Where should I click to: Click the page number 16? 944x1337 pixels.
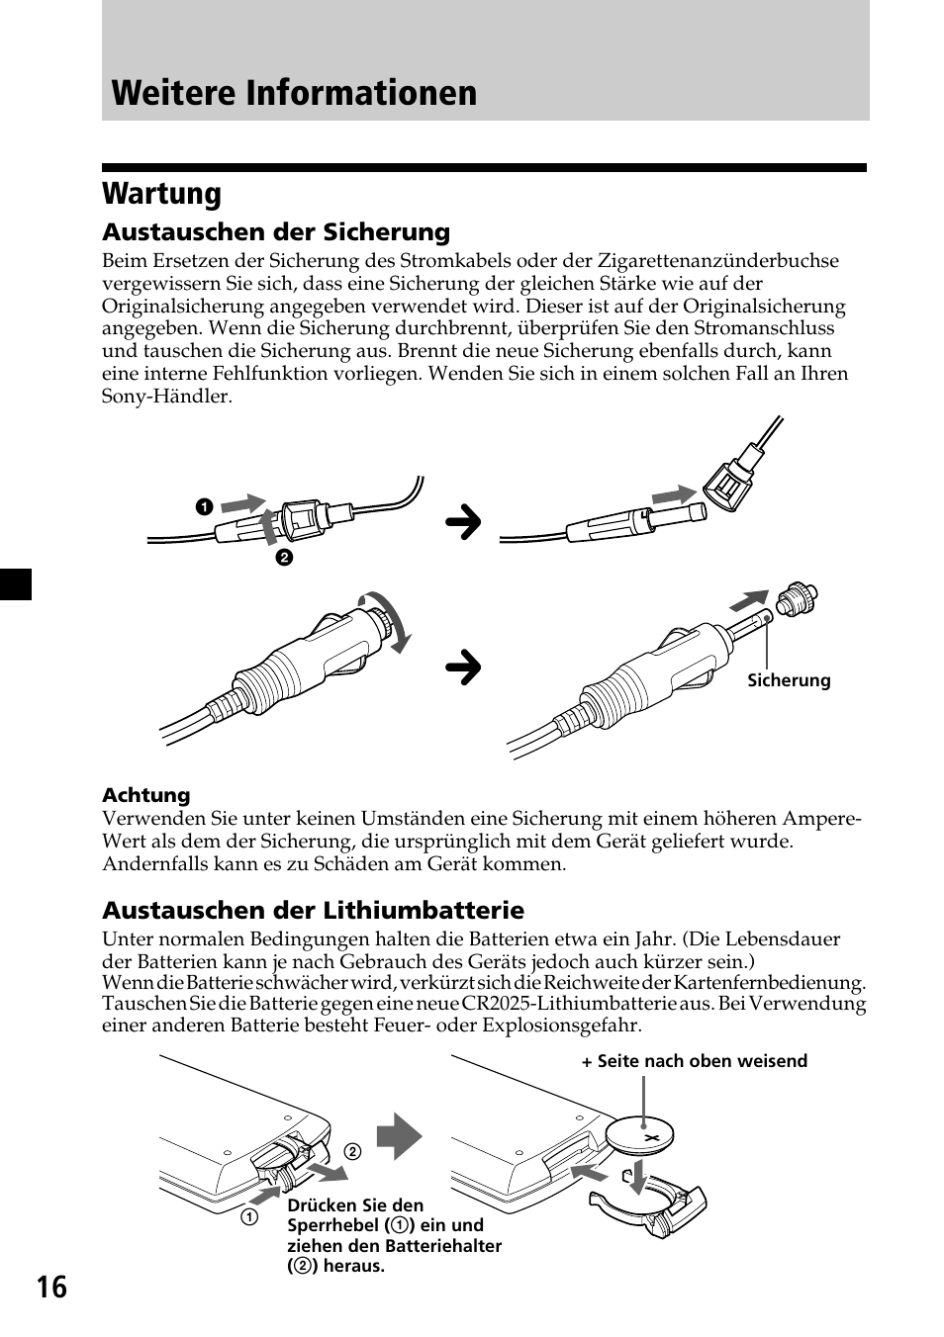pyautogui.click(x=52, y=1287)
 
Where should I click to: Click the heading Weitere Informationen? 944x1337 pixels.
pyautogui.click(x=294, y=92)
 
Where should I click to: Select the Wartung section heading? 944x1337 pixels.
pyautogui.click(x=161, y=193)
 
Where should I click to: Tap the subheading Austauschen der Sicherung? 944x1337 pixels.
pyautogui.click(x=276, y=232)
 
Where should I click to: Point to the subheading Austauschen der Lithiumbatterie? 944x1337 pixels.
pyautogui.click(x=313, y=910)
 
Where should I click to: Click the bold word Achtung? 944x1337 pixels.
pyautogui.click(x=145, y=795)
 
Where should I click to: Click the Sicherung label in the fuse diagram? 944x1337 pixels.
pyautogui.click(x=788, y=680)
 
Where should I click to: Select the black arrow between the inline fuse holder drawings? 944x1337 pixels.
pyautogui.click(x=462, y=523)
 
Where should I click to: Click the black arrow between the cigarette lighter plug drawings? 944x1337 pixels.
pyautogui.click(x=462, y=668)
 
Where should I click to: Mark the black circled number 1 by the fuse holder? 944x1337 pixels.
pyautogui.click(x=203, y=507)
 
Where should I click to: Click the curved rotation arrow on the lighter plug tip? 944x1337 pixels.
pyautogui.click(x=391, y=622)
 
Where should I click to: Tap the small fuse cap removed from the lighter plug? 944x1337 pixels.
pyautogui.click(x=798, y=600)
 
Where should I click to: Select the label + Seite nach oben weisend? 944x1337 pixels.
pyautogui.click(x=694, y=1061)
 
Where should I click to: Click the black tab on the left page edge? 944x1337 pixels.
pyautogui.click(x=16, y=584)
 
